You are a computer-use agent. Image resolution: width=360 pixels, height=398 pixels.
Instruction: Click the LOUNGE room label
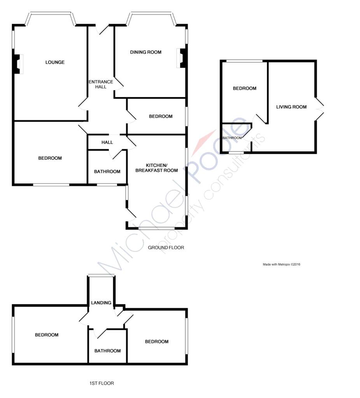(55, 62)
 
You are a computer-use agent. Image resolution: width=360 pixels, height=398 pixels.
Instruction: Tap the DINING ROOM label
(146, 52)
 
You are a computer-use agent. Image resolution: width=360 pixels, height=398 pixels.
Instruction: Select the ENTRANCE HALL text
(101, 84)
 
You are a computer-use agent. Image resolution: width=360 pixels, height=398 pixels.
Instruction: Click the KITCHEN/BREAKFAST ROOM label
(156, 168)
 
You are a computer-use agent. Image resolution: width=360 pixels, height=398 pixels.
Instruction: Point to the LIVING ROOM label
(291, 107)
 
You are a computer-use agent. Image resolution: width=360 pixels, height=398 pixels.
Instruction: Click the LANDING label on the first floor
(101, 302)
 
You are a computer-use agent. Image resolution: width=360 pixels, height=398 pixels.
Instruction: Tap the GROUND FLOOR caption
(166, 248)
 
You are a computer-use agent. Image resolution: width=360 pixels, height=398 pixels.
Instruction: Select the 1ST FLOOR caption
(101, 383)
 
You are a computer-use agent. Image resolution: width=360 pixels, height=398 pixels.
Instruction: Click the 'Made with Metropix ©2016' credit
(281, 264)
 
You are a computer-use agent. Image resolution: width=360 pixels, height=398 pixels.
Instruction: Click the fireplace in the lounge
(18, 64)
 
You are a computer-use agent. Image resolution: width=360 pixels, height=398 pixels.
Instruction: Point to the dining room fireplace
(182, 58)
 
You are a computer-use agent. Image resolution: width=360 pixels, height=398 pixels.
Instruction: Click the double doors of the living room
(320, 109)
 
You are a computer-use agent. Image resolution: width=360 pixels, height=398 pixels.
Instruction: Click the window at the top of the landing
(101, 275)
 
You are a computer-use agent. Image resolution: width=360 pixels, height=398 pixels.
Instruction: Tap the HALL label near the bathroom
(107, 142)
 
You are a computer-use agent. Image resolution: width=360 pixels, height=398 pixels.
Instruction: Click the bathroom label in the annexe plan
(232, 138)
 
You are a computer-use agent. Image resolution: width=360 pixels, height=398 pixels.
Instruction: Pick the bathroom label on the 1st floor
(107, 351)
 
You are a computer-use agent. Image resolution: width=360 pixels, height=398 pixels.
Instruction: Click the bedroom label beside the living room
(245, 88)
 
